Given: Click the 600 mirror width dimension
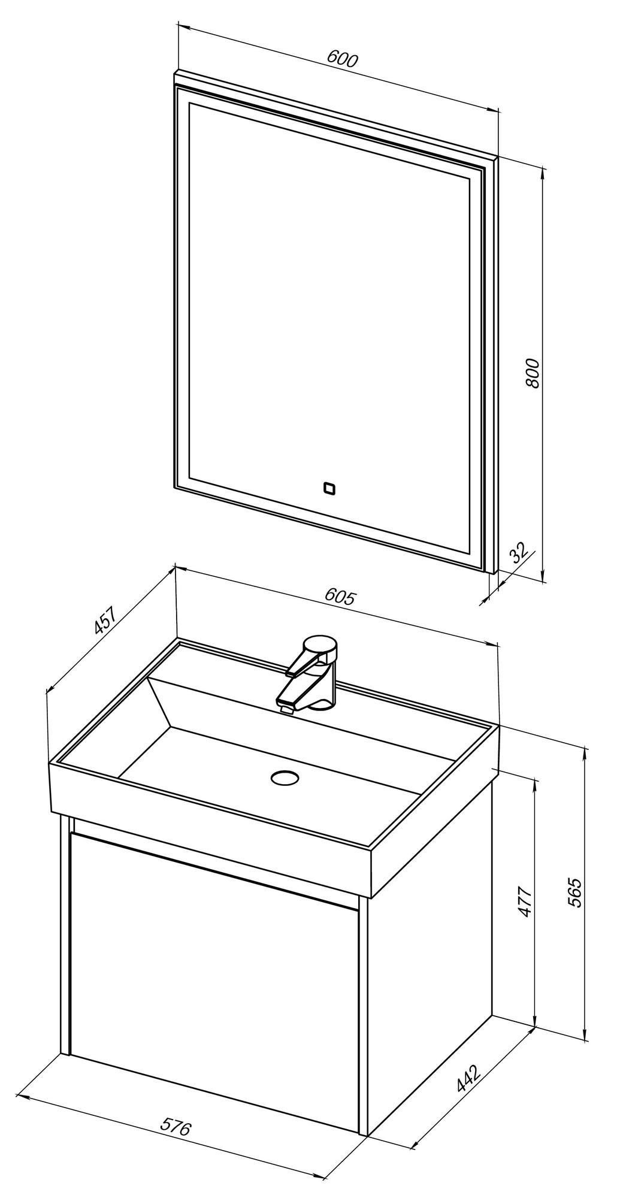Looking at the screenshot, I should pyautogui.click(x=342, y=59).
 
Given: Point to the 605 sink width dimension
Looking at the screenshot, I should pyautogui.click(x=340, y=596).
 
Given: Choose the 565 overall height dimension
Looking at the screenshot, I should pyautogui.click(x=574, y=892).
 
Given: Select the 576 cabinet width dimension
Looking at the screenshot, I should pyautogui.click(x=175, y=1127).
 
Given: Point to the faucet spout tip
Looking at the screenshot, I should pyautogui.click(x=286, y=709).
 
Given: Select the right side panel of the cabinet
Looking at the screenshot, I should pyautogui.click(x=428, y=958).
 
